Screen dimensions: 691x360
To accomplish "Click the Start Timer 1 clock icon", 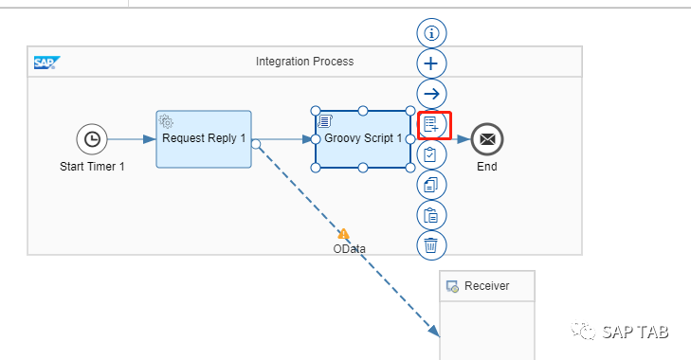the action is click(x=92, y=139).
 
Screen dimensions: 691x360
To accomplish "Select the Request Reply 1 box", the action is click(x=204, y=139).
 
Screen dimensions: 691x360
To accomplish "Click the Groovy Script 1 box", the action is click(x=363, y=139).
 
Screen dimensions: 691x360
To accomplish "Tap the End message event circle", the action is click(x=487, y=139).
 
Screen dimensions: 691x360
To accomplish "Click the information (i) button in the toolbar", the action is click(x=431, y=33).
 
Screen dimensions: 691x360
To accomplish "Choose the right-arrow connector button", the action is click(x=431, y=94).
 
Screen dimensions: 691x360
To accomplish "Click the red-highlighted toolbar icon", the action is click(x=431, y=125).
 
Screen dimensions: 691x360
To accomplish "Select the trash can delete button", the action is click(x=431, y=245).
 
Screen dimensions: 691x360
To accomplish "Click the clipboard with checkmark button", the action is click(x=431, y=154).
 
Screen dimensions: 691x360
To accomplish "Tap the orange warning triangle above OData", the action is click(x=343, y=234).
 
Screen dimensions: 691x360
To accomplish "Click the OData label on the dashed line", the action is click(x=349, y=249).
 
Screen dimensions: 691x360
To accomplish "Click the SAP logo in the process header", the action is click(x=47, y=63).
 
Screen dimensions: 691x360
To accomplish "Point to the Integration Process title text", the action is click(x=304, y=62).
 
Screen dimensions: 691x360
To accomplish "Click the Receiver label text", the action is click(x=487, y=286).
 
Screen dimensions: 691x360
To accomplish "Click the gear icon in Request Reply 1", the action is click(x=166, y=121).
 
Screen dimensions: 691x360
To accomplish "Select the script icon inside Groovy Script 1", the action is click(x=325, y=120).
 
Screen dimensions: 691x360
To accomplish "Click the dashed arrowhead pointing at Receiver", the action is click(x=434, y=332).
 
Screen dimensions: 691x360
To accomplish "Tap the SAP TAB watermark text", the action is click(x=635, y=332).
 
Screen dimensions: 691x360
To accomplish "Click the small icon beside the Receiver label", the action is click(x=452, y=286).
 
